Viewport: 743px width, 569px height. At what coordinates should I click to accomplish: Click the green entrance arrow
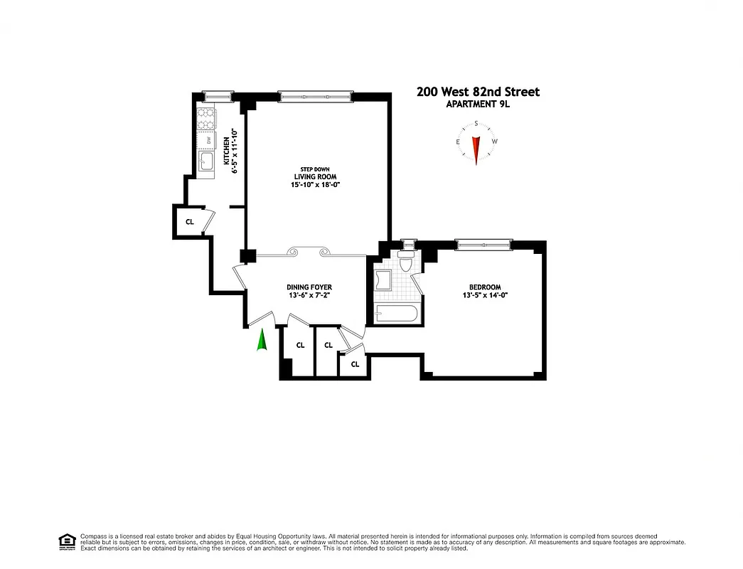[x=262, y=341]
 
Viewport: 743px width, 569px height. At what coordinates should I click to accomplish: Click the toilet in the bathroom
[x=406, y=264]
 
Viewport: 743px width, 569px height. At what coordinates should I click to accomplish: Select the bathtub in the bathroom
[x=394, y=313]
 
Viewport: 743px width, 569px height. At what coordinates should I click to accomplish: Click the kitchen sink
[x=206, y=161]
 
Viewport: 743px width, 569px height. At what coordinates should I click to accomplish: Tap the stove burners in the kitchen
[x=206, y=118]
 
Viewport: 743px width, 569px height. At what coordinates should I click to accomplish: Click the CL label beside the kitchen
[x=189, y=221]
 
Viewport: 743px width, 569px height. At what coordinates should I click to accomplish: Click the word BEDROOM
[x=485, y=287]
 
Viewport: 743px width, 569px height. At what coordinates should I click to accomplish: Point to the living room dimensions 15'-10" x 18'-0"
[x=316, y=186]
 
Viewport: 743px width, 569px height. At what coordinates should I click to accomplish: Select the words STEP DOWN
[x=315, y=169]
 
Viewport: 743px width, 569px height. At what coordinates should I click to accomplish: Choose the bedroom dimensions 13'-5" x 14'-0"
[x=485, y=296]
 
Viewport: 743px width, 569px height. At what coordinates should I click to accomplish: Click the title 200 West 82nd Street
[x=478, y=92]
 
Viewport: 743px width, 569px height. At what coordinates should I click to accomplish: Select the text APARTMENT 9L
[x=478, y=105]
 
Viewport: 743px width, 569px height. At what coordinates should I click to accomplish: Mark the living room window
[x=315, y=95]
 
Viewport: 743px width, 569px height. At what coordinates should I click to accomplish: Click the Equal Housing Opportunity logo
[x=67, y=541]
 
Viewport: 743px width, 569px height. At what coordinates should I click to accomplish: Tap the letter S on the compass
[x=476, y=123]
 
